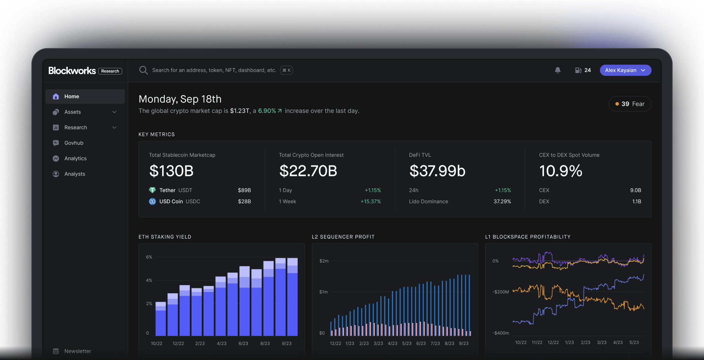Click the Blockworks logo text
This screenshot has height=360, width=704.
click(72, 71)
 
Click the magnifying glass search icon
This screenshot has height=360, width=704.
click(144, 70)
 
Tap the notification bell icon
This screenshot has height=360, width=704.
click(557, 70)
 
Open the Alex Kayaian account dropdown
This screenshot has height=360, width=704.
click(625, 70)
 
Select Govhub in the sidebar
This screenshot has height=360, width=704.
click(74, 143)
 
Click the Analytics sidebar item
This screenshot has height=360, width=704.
click(75, 158)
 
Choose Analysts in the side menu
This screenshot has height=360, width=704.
click(74, 174)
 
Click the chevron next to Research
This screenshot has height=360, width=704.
click(115, 128)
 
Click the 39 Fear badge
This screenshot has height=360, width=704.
click(630, 104)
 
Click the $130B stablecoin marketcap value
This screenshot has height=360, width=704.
click(171, 171)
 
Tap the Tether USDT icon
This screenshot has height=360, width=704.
click(152, 190)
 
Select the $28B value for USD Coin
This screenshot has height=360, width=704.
click(244, 201)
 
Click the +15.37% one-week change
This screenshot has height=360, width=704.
click(370, 201)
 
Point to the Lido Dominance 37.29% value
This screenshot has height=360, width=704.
click(502, 201)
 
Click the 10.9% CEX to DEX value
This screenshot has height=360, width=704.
click(560, 171)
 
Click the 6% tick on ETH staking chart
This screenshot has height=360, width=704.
click(149, 257)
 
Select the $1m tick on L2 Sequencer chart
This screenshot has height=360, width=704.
click(323, 292)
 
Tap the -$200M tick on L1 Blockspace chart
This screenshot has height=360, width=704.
click(500, 292)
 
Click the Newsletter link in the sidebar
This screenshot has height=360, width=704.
click(77, 351)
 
